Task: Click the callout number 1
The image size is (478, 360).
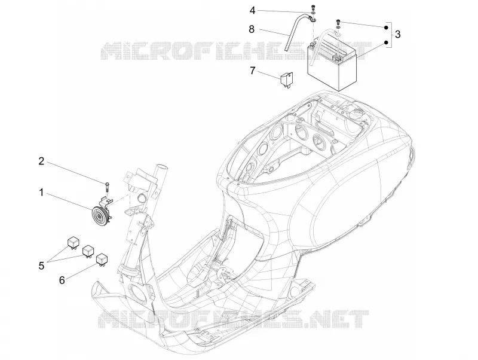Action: (41, 193)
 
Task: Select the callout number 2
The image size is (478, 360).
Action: (41, 161)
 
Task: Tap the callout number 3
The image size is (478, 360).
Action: (397, 35)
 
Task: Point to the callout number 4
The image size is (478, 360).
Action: (252, 11)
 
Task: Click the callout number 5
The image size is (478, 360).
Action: (41, 266)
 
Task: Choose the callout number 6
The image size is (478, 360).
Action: (62, 280)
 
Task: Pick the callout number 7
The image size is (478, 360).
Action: (252, 71)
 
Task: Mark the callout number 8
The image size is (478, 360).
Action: (252, 29)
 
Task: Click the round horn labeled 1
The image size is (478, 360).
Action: (100, 215)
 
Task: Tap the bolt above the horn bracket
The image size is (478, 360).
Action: (108, 187)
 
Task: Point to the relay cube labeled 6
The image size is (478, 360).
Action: (102, 260)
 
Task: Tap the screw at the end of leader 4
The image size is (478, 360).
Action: (312, 7)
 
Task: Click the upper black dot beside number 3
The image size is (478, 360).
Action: (386, 28)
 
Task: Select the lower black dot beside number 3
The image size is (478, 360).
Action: (386, 42)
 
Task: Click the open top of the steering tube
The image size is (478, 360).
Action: (161, 167)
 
